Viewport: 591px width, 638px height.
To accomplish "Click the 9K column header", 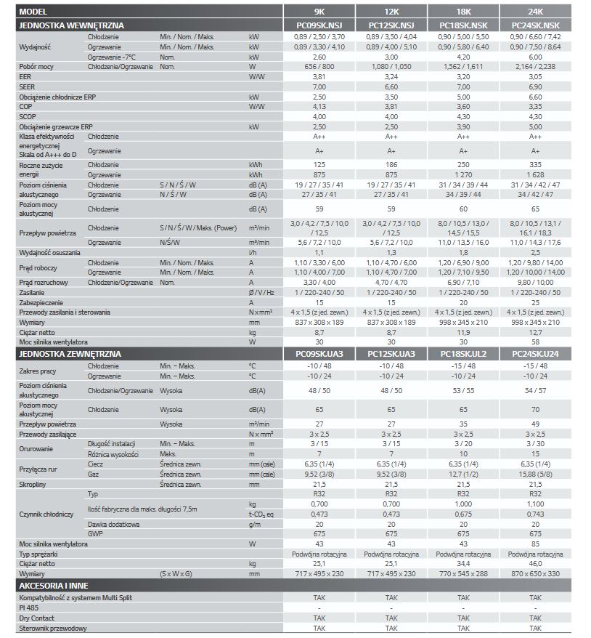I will coord(319,12).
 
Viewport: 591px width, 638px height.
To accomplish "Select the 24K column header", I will coord(536,12).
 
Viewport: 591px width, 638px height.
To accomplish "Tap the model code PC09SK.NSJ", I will coord(319,25).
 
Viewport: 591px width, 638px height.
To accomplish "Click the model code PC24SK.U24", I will coord(536,354).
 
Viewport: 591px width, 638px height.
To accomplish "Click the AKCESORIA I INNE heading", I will coord(55,585).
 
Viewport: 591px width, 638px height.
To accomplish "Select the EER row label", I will coord(25,76).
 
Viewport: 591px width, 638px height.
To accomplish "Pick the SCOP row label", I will coord(28,116).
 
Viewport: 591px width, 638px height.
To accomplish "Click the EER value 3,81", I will coord(319,76).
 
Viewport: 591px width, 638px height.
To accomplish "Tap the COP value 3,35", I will coord(536,106).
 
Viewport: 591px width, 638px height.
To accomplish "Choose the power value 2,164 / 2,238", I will coord(536,65).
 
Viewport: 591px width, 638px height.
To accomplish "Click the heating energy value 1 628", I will coord(536,175).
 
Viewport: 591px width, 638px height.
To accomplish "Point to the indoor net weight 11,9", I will coord(464,332).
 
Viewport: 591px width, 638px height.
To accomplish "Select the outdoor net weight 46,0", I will coord(536,564).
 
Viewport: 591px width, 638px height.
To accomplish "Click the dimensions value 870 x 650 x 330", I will coord(536,574).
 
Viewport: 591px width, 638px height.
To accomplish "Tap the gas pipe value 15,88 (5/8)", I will coord(536,474).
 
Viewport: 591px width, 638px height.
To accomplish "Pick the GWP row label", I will coord(96,533).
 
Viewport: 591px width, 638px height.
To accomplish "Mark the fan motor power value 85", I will coord(536,544).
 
